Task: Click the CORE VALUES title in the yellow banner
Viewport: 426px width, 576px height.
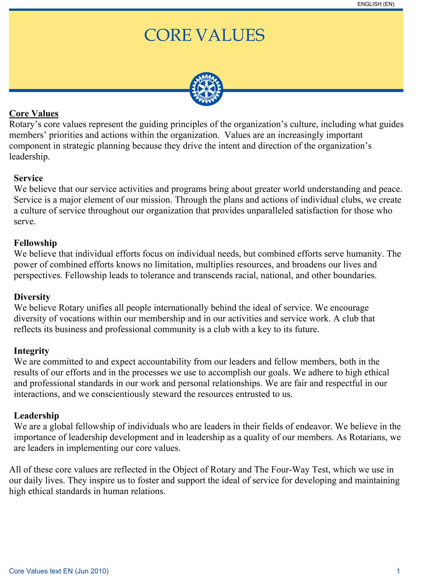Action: coord(204,36)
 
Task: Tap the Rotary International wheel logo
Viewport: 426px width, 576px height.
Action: coord(206,89)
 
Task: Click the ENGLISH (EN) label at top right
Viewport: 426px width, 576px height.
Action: coord(376,4)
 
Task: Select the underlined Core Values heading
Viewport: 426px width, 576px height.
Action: coord(34,113)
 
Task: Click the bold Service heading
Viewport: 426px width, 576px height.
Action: coord(29,178)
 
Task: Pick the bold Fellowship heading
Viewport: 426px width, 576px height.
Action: coord(36,243)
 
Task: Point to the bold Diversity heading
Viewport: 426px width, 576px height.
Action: coord(32,297)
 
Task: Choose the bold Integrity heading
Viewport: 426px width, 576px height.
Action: coord(31,351)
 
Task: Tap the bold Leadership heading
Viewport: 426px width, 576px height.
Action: coord(36,415)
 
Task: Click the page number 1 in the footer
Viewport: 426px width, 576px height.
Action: coord(398,571)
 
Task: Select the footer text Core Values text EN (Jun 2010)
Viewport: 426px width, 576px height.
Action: coord(59,571)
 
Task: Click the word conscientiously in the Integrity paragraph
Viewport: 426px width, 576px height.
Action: coord(131,394)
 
